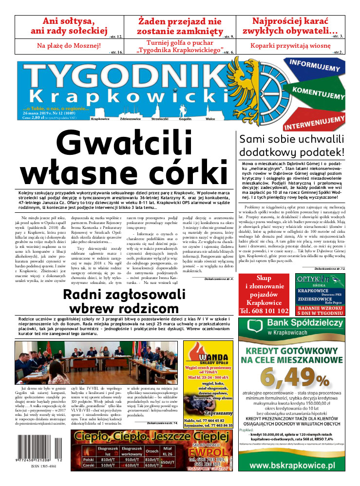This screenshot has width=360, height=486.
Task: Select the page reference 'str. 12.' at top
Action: pos(116,37)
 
